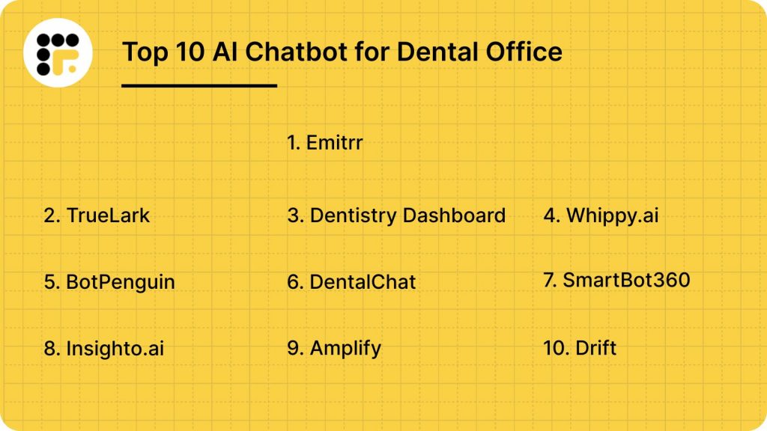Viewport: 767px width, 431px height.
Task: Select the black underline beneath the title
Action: point(199,86)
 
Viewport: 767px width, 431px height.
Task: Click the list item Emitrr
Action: point(325,142)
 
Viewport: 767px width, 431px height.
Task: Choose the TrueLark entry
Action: point(97,215)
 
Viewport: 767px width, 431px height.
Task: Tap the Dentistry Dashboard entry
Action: point(396,215)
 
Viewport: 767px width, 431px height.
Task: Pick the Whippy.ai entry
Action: point(601,215)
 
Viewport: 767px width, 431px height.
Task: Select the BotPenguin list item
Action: point(109,282)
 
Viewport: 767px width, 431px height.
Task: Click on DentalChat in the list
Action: point(351,282)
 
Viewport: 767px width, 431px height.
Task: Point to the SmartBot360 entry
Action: point(616,281)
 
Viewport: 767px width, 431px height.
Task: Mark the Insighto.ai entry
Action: point(104,349)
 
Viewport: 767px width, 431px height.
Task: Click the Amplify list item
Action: point(334,349)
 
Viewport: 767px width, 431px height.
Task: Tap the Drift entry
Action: point(580,348)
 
